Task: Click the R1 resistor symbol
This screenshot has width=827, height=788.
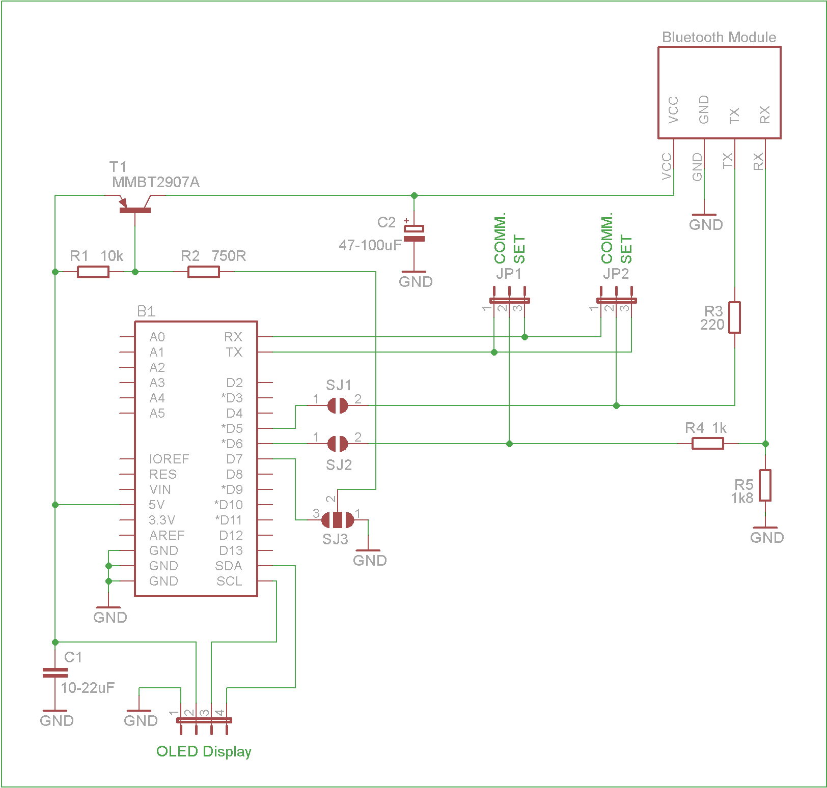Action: tap(93, 272)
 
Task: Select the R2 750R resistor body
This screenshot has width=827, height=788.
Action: tap(204, 272)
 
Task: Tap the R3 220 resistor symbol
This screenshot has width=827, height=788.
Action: tap(734, 317)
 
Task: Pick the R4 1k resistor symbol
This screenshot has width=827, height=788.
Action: tap(708, 444)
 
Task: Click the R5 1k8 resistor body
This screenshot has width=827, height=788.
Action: tap(765, 485)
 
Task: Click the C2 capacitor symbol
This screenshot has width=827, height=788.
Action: tap(414, 234)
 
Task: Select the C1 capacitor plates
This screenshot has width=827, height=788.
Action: tap(55, 673)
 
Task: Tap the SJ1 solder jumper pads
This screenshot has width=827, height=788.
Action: tap(337, 405)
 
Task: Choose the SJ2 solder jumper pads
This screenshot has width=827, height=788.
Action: tap(337, 444)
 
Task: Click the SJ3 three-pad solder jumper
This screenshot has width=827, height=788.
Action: tap(337, 520)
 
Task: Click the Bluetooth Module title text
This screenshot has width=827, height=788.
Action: tap(719, 37)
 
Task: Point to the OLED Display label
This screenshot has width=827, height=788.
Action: tap(204, 751)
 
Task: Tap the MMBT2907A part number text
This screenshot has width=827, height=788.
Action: tap(156, 182)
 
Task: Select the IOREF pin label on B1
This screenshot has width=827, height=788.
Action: tap(169, 459)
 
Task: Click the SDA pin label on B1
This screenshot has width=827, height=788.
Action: tap(229, 566)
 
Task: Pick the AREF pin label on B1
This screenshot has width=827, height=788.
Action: tap(167, 535)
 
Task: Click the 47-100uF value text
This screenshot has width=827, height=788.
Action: tap(370, 245)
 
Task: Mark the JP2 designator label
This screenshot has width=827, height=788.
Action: tap(616, 274)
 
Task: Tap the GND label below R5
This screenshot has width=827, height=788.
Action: tap(767, 538)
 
